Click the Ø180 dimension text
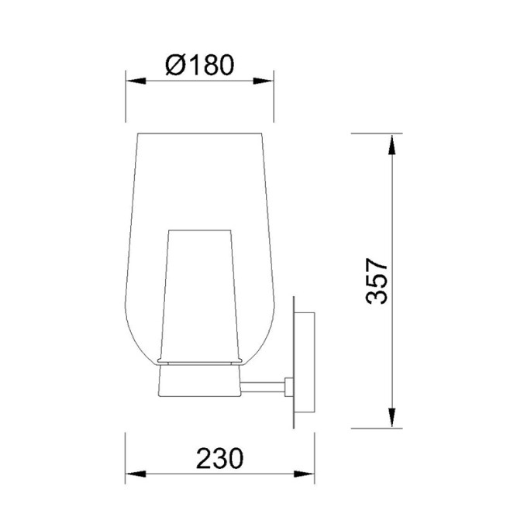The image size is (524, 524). coord(200,65)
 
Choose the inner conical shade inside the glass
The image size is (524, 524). coord(200,295)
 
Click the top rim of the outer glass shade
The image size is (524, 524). coord(200,133)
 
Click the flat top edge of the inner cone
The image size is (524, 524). coord(200,229)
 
